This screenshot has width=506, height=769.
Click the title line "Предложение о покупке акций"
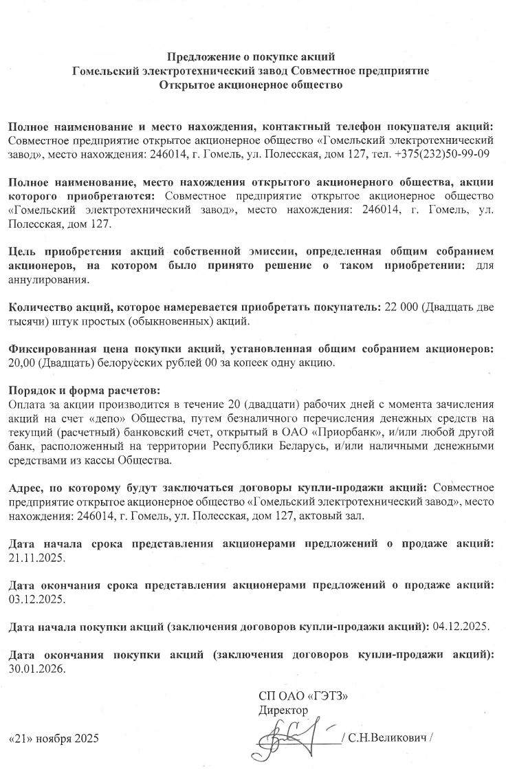tap(252, 56)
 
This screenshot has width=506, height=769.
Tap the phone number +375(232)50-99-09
tap(442, 153)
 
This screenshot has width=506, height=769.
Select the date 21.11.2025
tap(36, 557)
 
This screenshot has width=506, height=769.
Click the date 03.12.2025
tap(36, 598)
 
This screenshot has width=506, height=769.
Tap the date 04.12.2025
tap(460, 627)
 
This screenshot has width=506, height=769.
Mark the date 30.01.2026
tap(36, 667)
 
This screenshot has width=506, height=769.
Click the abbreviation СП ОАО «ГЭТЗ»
tap(303, 696)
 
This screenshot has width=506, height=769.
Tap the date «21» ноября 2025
tap(54, 739)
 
